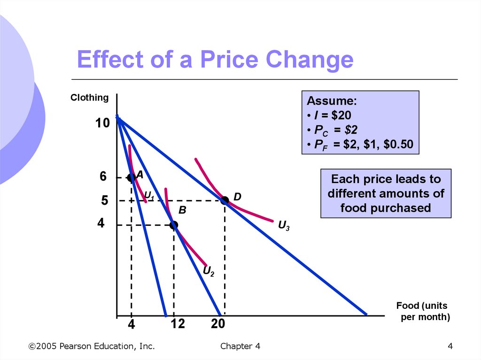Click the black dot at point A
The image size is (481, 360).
tap(131, 177)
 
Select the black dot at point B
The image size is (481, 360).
tap(174, 225)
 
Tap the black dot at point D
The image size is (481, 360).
tap(225, 200)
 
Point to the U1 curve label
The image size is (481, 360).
tap(149, 195)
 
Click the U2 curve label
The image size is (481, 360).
tap(209, 271)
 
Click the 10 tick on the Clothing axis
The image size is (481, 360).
tap(102, 123)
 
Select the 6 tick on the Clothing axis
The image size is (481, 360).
tap(103, 177)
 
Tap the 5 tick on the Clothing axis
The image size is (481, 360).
tap(104, 201)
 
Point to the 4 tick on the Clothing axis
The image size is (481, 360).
tap(101, 223)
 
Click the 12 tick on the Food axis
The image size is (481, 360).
tap(178, 324)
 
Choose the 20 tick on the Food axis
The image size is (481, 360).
tap(218, 324)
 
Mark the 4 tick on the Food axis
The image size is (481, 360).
tap(132, 324)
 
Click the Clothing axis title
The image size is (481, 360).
tap(89, 98)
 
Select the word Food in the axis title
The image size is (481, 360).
tap(407, 306)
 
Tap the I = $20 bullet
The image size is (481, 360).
tap(329, 115)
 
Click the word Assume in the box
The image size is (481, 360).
tap(332, 101)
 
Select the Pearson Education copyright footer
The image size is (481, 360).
tap(92, 346)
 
